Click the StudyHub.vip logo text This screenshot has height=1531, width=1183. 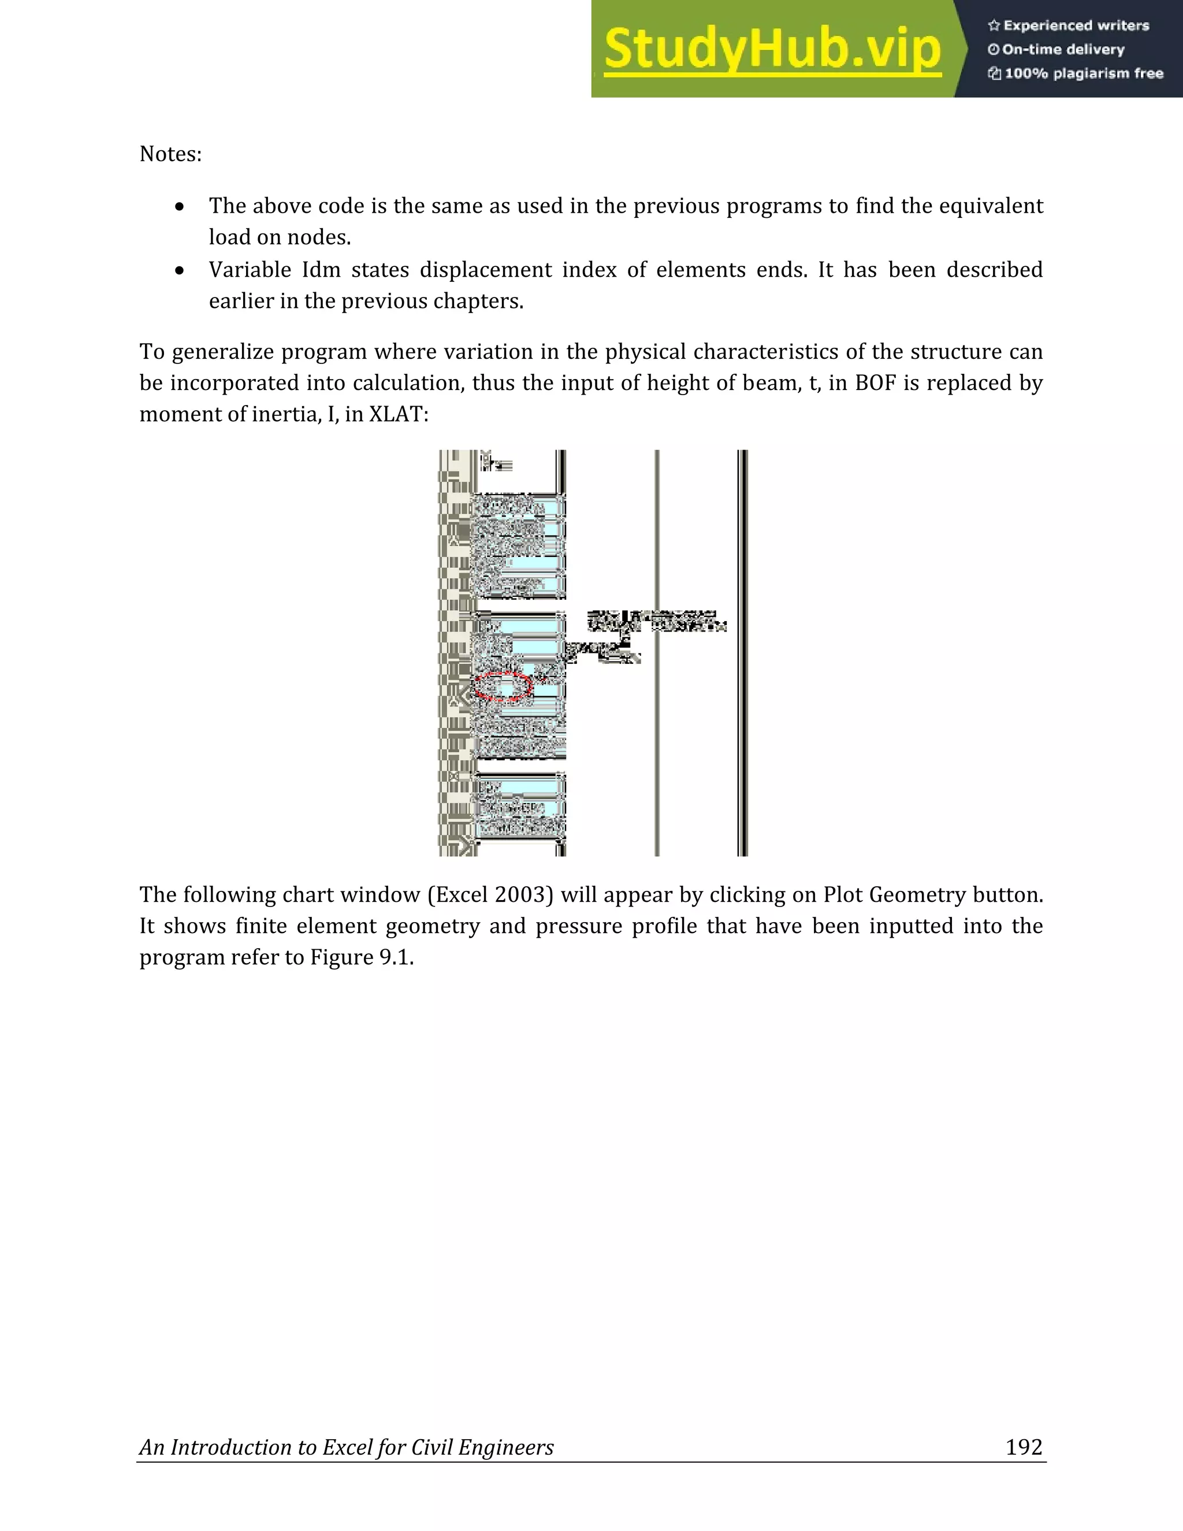point(772,49)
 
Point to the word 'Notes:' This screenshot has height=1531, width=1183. point(170,154)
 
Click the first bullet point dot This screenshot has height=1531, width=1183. point(180,207)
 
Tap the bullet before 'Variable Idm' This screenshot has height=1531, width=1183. point(180,270)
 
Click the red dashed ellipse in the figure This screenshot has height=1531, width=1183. point(502,686)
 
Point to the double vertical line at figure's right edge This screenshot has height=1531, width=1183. point(743,652)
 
